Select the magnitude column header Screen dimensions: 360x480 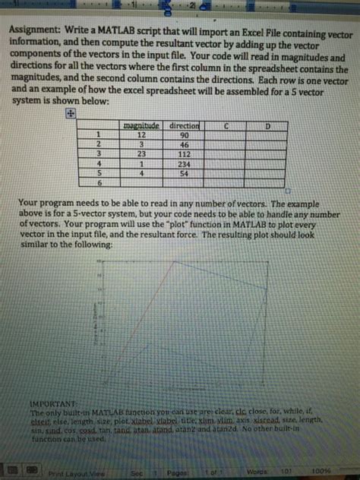click(141, 123)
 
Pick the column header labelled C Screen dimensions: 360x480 click(226, 124)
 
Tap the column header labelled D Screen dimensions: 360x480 click(267, 125)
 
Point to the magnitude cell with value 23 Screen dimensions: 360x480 click(141, 153)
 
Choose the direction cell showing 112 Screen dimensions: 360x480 click(183, 153)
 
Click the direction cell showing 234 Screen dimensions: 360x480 click(183, 163)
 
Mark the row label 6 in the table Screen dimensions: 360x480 click(98, 183)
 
